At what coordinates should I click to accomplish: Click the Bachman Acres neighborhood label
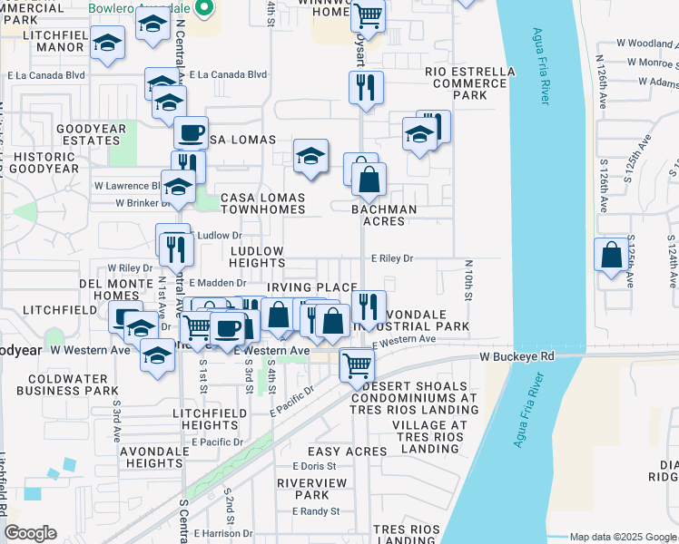(389, 215)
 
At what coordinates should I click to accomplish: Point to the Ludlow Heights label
(257, 257)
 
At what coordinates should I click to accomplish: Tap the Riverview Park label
(304, 489)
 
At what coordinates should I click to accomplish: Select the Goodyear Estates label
(91, 135)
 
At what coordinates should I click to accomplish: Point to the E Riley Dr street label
(392, 258)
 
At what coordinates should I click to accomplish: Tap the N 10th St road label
(469, 282)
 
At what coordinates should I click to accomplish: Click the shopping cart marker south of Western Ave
(357, 365)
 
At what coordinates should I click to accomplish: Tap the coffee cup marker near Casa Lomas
(191, 132)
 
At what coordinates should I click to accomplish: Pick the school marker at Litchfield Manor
(108, 43)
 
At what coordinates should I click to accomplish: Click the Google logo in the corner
(30, 533)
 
